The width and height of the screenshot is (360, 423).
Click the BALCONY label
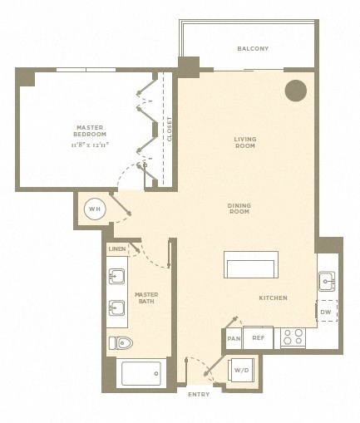pyautogui.click(x=253, y=49)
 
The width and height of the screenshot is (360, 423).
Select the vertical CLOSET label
pyautogui.click(x=170, y=129)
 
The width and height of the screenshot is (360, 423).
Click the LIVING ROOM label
pyautogui.click(x=244, y=142)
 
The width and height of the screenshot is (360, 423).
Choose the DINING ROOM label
pyautogui.click(x=239, y=209)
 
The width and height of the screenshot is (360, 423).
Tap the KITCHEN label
pyautogui.click(x=273, y=298)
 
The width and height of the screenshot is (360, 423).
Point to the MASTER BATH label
pyautogui.click(x=146, y=298)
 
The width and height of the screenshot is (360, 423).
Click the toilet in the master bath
pyautogui.click(x=120, y=342)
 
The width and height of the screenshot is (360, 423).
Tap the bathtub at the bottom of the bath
pyautogui.click(x=141, y=373)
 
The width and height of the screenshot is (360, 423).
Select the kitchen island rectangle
pyautogui.click(x=251, y=265)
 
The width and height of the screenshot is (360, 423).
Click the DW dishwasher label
pyautogui.click(x=327, y=312)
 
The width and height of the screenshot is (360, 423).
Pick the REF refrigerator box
pyautogui.click(x=258, y=338)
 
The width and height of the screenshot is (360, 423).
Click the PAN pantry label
pyautogui.click(x=233, y=338)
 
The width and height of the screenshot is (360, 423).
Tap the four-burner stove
pyautogui.click(x=293, y=337)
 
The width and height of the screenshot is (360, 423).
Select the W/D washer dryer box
pyautogui.click(x=242, y=369)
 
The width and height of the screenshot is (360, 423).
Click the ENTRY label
pyautogui.click(x=199, y=393)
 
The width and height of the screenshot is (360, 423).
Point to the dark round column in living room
pyautogui.click(x=295, y=91)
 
